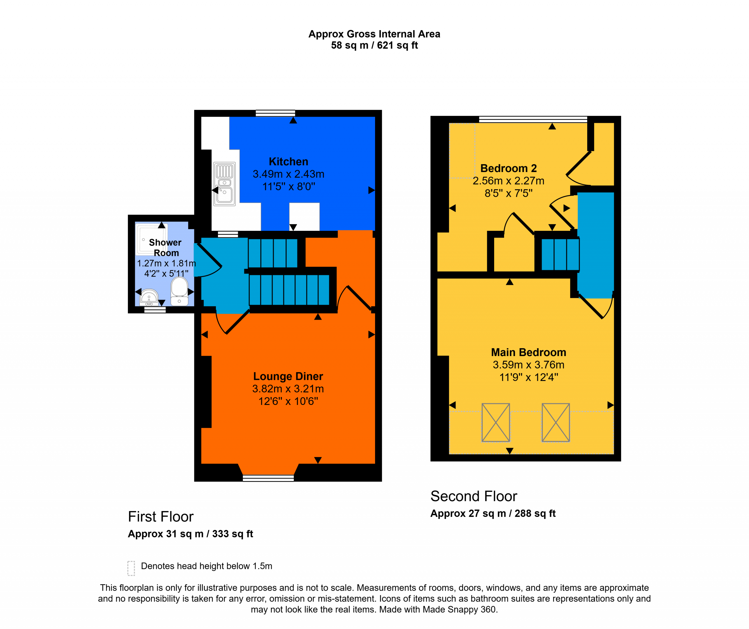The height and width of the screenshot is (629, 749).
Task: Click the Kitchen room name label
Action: (x=288, y=161)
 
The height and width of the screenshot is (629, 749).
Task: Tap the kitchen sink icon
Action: (x=224, y=184)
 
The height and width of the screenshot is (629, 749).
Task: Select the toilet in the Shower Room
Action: (x=179, y=291)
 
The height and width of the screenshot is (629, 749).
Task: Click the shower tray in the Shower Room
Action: (x=151, y=239)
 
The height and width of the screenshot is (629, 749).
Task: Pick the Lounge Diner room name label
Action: (x=288, y=376)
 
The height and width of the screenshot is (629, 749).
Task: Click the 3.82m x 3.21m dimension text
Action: (x=288, y=389)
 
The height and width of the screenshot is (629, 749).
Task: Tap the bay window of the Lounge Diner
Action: (x=268, y=478)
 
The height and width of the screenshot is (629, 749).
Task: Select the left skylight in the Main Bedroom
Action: (x=496, y=422)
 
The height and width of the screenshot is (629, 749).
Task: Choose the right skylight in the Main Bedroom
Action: (x=556, y=422)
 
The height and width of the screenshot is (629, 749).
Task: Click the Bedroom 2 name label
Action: (x=509, y=168)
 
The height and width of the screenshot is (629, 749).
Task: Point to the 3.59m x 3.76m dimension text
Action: (x=529, y=365)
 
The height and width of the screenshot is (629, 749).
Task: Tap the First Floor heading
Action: (x=161, y=517)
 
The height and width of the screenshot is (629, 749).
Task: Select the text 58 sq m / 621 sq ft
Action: (x=374, y=45)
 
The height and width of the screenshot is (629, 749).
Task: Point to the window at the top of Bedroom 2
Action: (x=533, y=119)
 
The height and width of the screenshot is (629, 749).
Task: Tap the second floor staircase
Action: (x=560, y=254)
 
